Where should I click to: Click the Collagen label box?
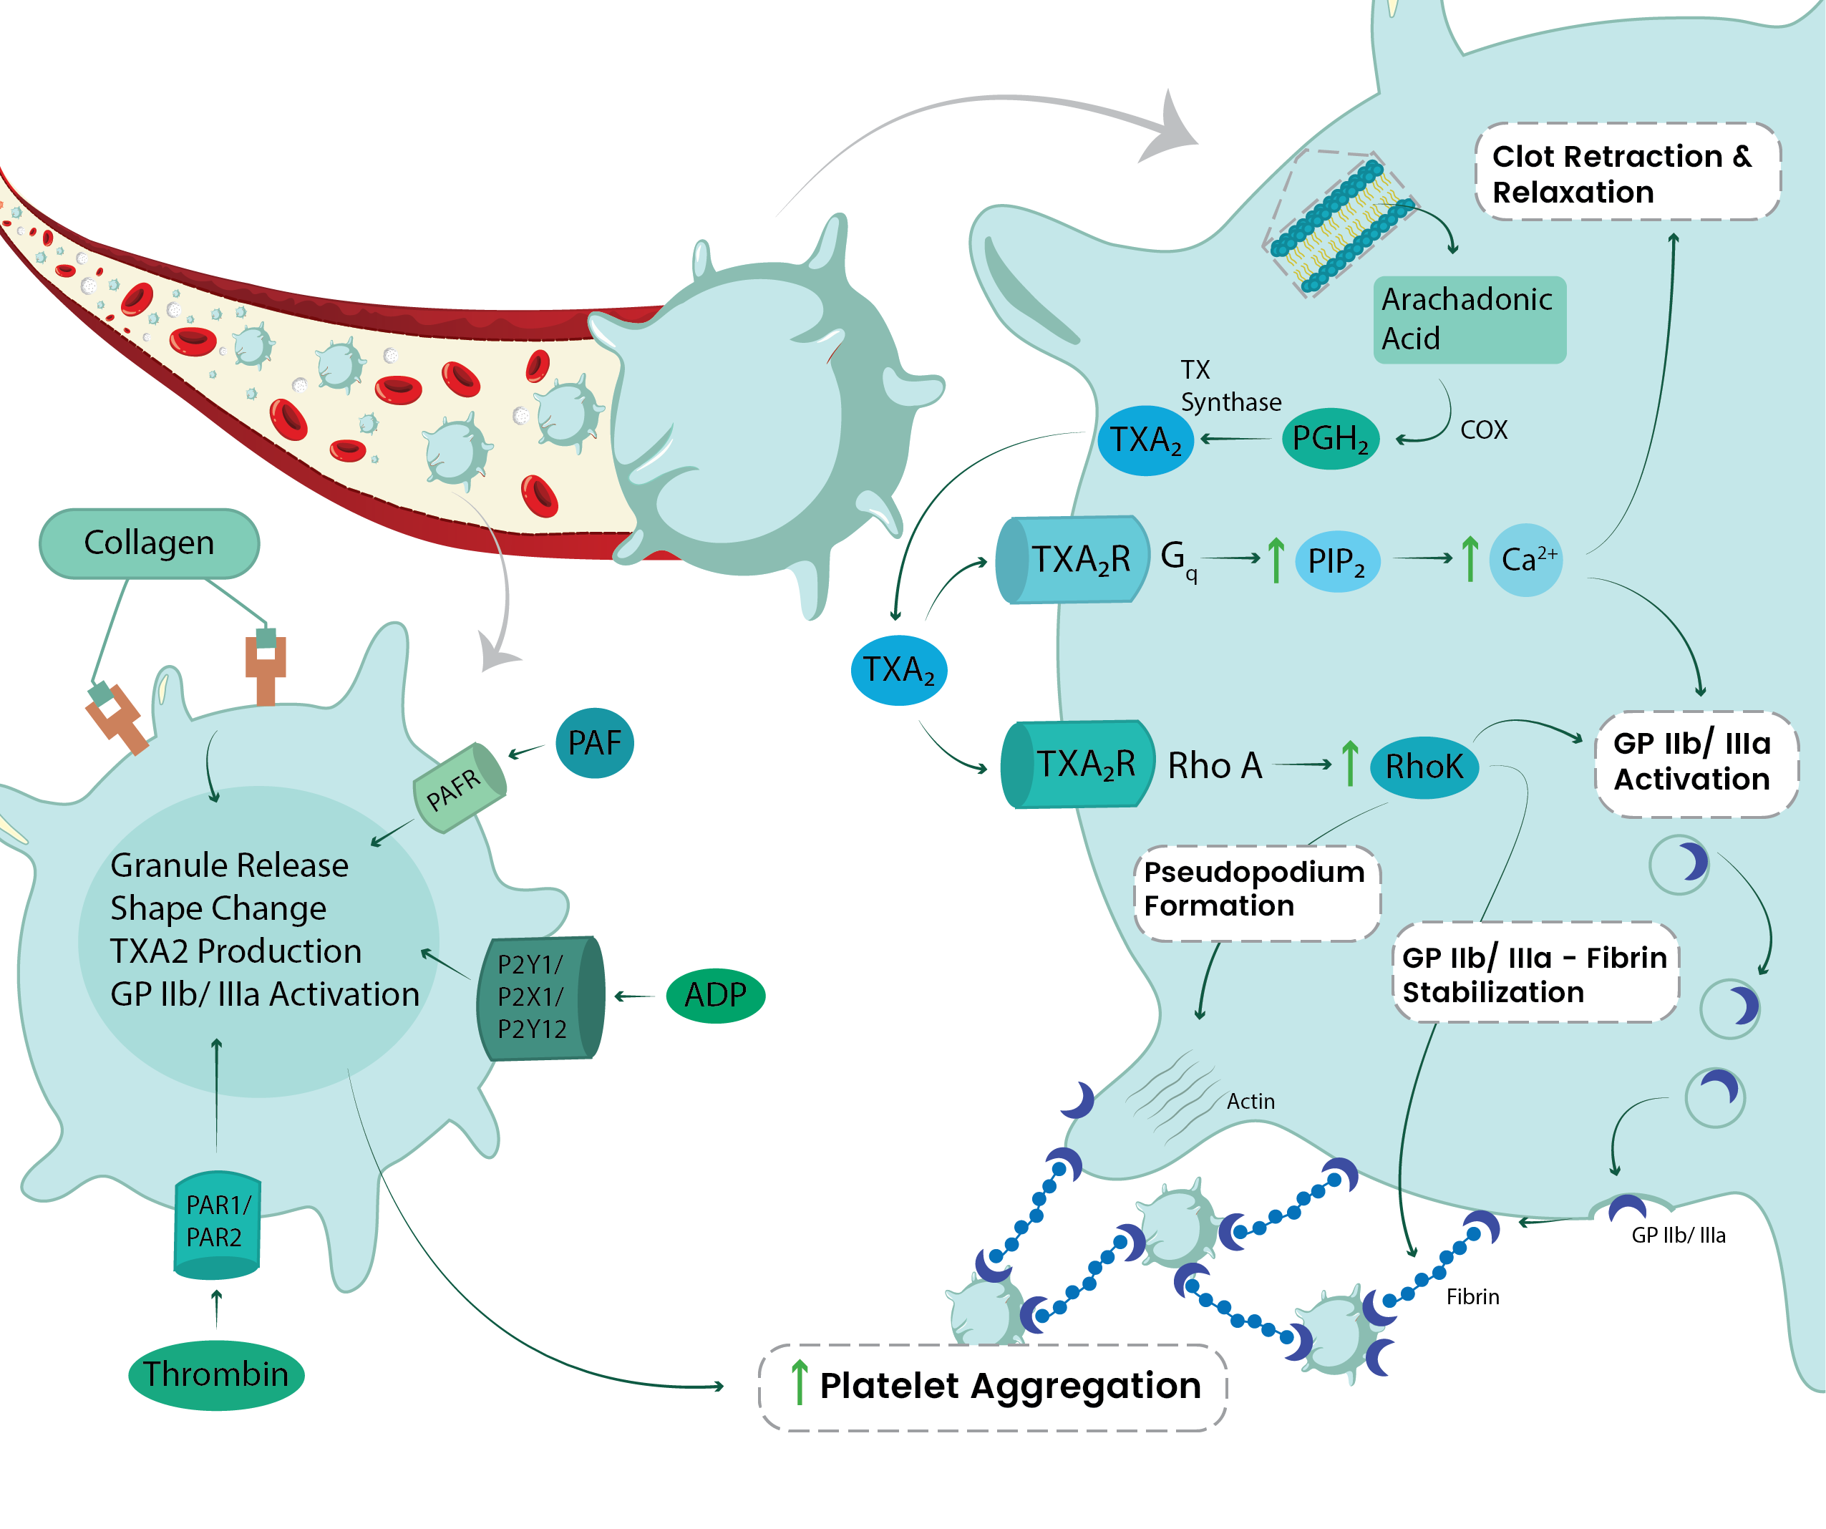point(150,543)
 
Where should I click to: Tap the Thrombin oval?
point(215,1374)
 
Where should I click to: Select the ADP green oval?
point(716,995)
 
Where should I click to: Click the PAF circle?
point(595,743)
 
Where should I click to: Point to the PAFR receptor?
point(458,788)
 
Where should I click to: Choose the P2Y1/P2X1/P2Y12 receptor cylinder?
point(539,998)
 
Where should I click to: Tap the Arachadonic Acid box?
point(1470,319)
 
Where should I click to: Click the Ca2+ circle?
point(1527,560)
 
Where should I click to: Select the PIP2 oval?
point(1336,562)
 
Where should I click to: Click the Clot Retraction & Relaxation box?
point(1628,173)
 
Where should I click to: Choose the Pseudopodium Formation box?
point(1256,891)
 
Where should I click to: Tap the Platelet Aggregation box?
point(993,1387)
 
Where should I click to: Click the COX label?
point(1483,430)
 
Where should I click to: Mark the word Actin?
point(1250,1102)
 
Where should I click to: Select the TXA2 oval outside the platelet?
point(898,671)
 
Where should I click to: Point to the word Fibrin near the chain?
point(1472,1298)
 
